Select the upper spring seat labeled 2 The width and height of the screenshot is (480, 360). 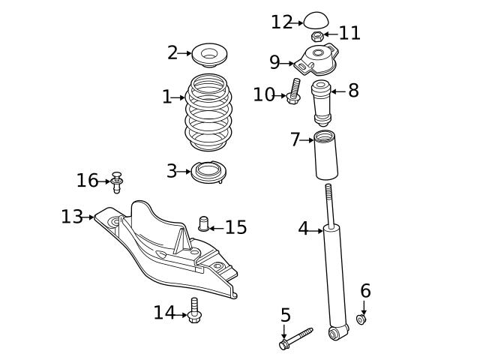click(210, 55)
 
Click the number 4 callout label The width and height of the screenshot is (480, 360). click(303, 229)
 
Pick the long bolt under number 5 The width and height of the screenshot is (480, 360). click(297, 338)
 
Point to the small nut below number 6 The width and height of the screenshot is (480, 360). click(361, 319)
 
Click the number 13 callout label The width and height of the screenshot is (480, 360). click(72, 217)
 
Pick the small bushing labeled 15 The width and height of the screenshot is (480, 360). click(202, 223)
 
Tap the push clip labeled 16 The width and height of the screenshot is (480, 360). click(117, 181)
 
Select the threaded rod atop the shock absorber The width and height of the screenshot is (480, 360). click(328, 202)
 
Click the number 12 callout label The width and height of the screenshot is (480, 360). click(282, 22)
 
